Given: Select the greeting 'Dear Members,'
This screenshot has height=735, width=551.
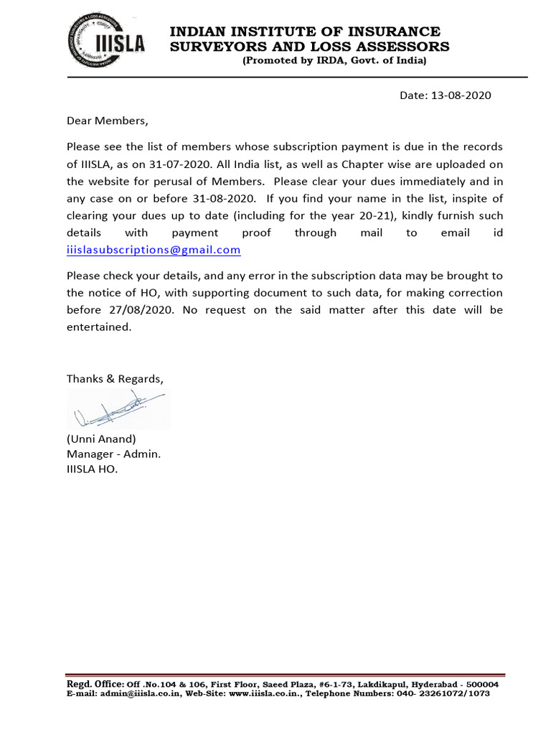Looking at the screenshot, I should click(x=107, y=121).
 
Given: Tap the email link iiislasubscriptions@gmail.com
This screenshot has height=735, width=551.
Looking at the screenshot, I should click(x=154, y=251).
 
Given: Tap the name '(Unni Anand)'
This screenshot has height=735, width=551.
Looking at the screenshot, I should click(x=101, y=439).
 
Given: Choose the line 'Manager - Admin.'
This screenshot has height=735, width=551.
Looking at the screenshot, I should click(x=114, y=454).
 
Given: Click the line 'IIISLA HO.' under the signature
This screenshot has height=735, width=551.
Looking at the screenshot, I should click(x=92, y=469).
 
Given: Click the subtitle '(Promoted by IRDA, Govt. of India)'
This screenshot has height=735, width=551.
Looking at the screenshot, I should click(x=334, y=61).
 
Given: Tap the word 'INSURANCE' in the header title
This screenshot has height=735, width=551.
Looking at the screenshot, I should click(x=398, y=32).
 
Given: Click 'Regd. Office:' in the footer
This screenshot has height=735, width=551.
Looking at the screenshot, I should click(x=95, y=684).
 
